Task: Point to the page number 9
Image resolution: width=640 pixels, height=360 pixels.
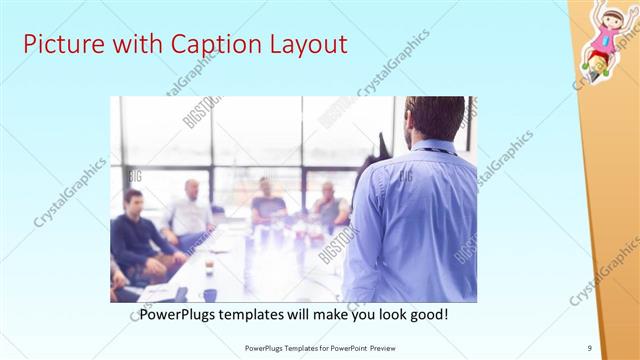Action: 590,348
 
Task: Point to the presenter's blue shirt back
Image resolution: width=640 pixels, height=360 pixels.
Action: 410,220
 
